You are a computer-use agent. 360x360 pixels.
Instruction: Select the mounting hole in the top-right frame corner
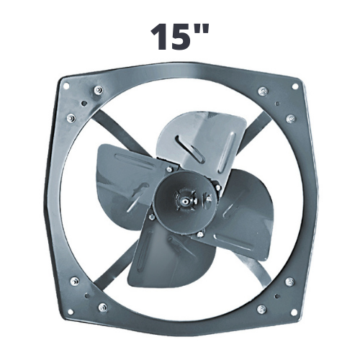pos(294,86)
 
